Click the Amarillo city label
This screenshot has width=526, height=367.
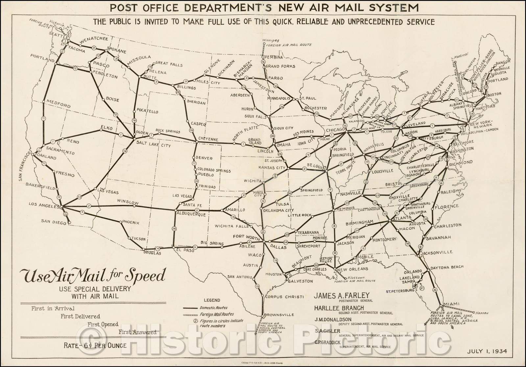pyautogui.click(x=235, y=210)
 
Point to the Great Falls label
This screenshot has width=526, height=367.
pyautogui.click(x=168, y=65)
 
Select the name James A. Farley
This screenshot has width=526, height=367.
pyautogui.click(x=342, y=295)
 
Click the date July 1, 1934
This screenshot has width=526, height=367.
pyautogui.click(x=487, y=351)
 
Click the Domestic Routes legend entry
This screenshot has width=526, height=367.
pyautogui.click(x=212, y=308)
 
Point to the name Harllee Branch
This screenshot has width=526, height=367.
pyautogui.click(x=339, y=308)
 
